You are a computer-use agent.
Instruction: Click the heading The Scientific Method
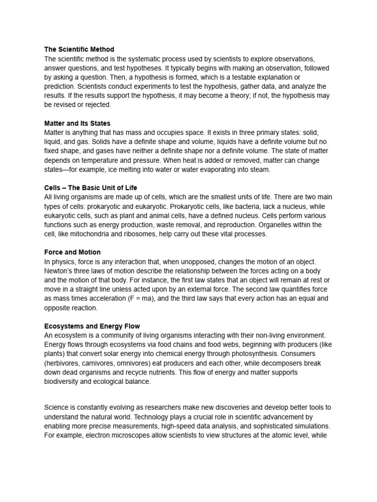[x=79, y=50]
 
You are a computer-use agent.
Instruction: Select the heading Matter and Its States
[x=77, y=124]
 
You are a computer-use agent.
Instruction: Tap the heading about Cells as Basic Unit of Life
[x=91, y=188]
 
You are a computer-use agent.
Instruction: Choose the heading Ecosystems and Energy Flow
[x=92, y=326]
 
